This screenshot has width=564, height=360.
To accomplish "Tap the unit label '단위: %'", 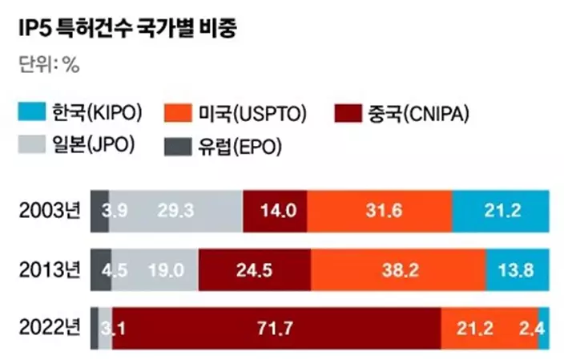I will pyautogui.click(x=49, y=66).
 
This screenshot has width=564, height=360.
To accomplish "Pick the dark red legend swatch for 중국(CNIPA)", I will pyautogui.click(x=344, y=112).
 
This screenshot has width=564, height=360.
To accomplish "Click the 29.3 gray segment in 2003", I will pyautogui.click(x=175, y=212).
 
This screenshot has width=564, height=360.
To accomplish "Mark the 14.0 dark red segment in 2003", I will pyautogui.click(x=274, y=212).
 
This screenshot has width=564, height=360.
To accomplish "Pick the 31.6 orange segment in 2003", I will pyautogui.click(x=379, y=212).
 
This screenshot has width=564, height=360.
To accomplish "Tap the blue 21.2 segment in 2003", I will pyautogui.click(x=501, y=212).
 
